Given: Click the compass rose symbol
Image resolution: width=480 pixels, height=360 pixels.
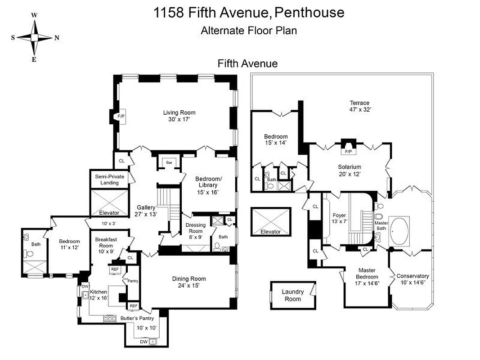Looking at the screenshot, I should tap(34, 38).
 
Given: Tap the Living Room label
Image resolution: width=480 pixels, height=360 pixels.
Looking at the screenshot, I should tap(179, 112).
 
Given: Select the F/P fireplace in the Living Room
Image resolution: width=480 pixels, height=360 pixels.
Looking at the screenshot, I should tap(121, 116).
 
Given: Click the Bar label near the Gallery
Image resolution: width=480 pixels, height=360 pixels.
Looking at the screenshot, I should tap(170, 162).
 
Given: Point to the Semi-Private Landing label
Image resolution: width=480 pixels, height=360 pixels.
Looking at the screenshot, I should tap(109, 180).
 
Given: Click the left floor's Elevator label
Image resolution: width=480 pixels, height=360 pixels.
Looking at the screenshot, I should tap(109, 212).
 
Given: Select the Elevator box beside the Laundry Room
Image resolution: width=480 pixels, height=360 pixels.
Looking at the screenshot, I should tap(270, 221).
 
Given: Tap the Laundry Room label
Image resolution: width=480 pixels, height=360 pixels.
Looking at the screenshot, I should tap(292, 295).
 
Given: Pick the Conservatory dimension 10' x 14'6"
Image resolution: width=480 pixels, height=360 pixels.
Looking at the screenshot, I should tap(413, 283).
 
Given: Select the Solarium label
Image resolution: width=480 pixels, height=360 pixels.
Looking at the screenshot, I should tap(350, 166).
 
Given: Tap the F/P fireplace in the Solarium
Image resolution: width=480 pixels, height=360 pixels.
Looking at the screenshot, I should tap(348, 152).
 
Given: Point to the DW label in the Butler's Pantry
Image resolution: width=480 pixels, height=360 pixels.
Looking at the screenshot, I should tap(144, 342).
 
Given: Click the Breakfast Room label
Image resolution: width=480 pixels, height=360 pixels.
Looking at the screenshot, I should tap(106, 243).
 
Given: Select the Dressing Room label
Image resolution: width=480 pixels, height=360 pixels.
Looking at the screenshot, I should tap(195, 228).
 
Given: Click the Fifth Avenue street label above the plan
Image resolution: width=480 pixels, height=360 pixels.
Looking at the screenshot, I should tap(247, 63).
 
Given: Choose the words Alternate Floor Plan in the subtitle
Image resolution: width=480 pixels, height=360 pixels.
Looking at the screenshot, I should tap(248, 31).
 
